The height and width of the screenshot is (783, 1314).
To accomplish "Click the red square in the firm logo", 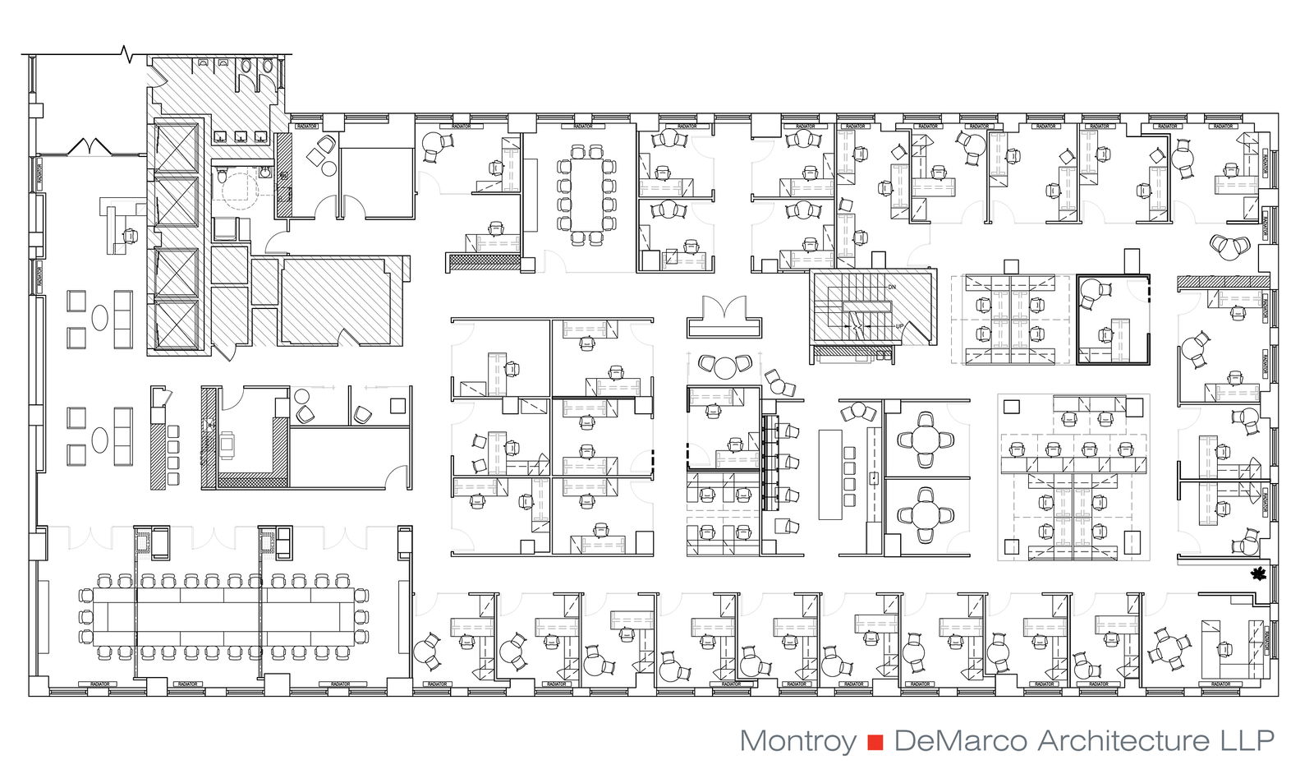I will pyautogui.click(x=875, y=742).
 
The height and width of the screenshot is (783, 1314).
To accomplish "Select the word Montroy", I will pyautogui.click(x=797, y=741).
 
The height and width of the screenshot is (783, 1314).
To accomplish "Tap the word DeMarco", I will pyautogui.click(x=960, y=741).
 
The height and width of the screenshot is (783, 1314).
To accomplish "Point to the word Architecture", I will pyautogui.click(x=1123, y=741).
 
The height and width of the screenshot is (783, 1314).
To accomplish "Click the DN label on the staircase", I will pyautogui.click(x=892, y=287).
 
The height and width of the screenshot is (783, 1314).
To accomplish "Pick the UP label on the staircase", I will pyautogui.click(x=899, y=327).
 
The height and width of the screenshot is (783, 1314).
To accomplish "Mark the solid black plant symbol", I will pyautogui.click(x=1257, y=573).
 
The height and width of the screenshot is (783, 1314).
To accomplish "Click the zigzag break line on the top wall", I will pyautogui.click(x=126, y=55).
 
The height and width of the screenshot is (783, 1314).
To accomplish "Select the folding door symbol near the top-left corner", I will pyautogui.click(x=89, y=147).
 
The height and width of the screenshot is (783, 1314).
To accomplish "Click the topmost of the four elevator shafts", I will pyautogui.click(x=177, y=147).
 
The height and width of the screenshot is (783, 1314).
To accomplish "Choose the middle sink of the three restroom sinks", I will pyautogui.click(x=241, y=136).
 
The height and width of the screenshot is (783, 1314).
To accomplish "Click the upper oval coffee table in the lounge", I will pyautogui.click(x=99, y=317).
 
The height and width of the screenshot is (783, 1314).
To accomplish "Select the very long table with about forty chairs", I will pyautogui.click(x=223, y=615).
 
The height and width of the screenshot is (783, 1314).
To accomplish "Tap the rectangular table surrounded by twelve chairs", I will pyautogui.click(x=585, y=194).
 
